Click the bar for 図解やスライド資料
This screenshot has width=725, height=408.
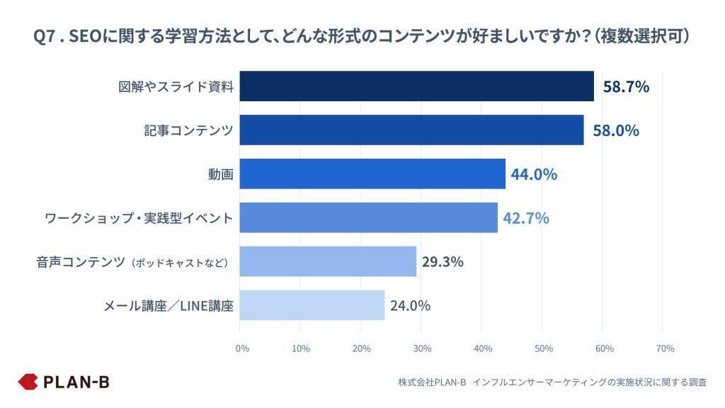(416, 86)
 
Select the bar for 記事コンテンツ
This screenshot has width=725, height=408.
(411, 130)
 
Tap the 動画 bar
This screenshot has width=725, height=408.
(372, 174)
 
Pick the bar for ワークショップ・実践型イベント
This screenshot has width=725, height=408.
(368, 217)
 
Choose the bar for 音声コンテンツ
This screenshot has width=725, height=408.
(328, 261)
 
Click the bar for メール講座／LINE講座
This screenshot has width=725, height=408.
(312, 305)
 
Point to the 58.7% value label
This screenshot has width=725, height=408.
(626, 87)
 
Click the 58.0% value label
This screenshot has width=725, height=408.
(616, 131)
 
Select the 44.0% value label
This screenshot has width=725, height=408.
(534, 174)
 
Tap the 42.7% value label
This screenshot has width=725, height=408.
(526, 218)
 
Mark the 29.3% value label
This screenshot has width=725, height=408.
(443, 262)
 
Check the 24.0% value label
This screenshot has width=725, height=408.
(410, 306)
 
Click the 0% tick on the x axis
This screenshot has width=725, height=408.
(242, 348)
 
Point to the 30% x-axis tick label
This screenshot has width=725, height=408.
(422, 348)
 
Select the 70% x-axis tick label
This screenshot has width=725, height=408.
(665, 348)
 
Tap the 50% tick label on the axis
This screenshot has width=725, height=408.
(543, 348)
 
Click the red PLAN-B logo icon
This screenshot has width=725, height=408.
(28, 382)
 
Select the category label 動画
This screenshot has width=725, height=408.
(222, 174)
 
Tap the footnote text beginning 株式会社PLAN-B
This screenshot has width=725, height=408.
(552, 382)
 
